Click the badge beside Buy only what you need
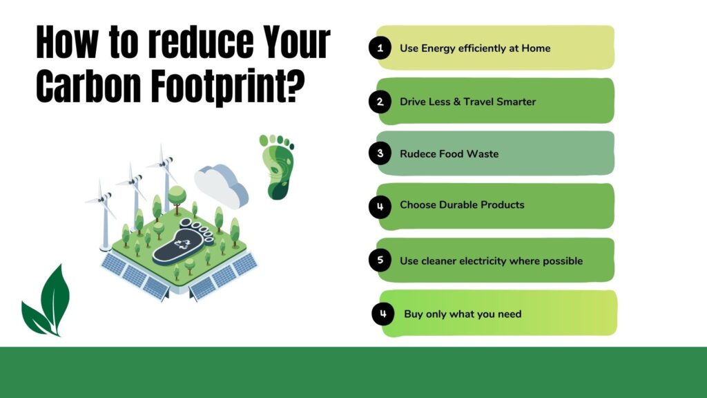click(x=383, y=314)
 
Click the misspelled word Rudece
click(x=417, y=153)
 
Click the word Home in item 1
click(x=536, y=48)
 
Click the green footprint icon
click(x=277, y=166)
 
